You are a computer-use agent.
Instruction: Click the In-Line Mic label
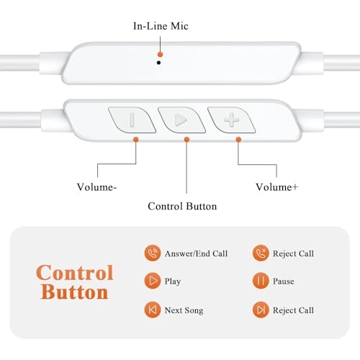(161, 26)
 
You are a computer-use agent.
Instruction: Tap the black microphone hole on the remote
(158, 63)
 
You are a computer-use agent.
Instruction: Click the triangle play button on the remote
(181, 120)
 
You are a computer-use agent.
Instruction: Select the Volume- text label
(96, 187)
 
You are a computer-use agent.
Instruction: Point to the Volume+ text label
(276, 187)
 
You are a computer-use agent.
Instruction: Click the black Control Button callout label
(182, 207)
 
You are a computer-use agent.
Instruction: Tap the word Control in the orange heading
(75, 273)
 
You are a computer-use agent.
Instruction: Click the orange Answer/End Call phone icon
(153, 253)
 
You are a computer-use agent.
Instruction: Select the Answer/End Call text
(196, 253)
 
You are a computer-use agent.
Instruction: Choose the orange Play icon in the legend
(153, 281)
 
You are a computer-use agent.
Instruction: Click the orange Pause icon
(261, 281)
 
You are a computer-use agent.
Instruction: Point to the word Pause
(284, 281)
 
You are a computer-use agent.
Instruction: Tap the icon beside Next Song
(153, 310)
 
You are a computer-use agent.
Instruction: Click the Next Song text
(184, 310)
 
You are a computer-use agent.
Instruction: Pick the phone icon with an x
(261, 253)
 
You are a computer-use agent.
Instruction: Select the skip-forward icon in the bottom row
(261, 310)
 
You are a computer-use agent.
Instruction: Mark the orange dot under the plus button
(238, 140)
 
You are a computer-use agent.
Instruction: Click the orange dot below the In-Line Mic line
(161, 55)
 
